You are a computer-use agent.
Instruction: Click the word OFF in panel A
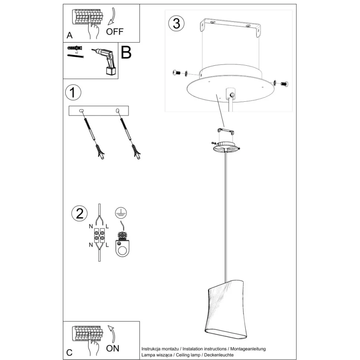click(114, 32)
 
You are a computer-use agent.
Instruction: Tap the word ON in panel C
click(112, 348)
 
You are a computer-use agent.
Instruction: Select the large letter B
click(126, 53)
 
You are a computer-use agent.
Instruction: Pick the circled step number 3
click(176, 23)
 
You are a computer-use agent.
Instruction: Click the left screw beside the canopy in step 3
click(177, 73)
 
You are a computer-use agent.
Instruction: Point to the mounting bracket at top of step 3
click(230, 27)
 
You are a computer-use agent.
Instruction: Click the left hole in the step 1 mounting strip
click(82, 111)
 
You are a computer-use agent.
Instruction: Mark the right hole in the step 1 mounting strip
click(118, 111)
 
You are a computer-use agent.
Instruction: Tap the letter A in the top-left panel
click(69, 36)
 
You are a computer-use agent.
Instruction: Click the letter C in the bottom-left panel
click(69, 352)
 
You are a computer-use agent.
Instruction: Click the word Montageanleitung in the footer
click(248, 349)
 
